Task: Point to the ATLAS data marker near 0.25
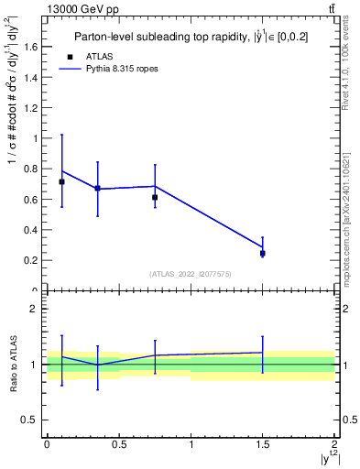263,253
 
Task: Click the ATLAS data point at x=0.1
61,181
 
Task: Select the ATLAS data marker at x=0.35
97,188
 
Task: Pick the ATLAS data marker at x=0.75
155,197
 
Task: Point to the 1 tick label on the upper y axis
38,138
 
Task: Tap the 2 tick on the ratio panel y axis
38,309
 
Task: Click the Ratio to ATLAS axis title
12,365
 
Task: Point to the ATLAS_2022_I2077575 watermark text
191,274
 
